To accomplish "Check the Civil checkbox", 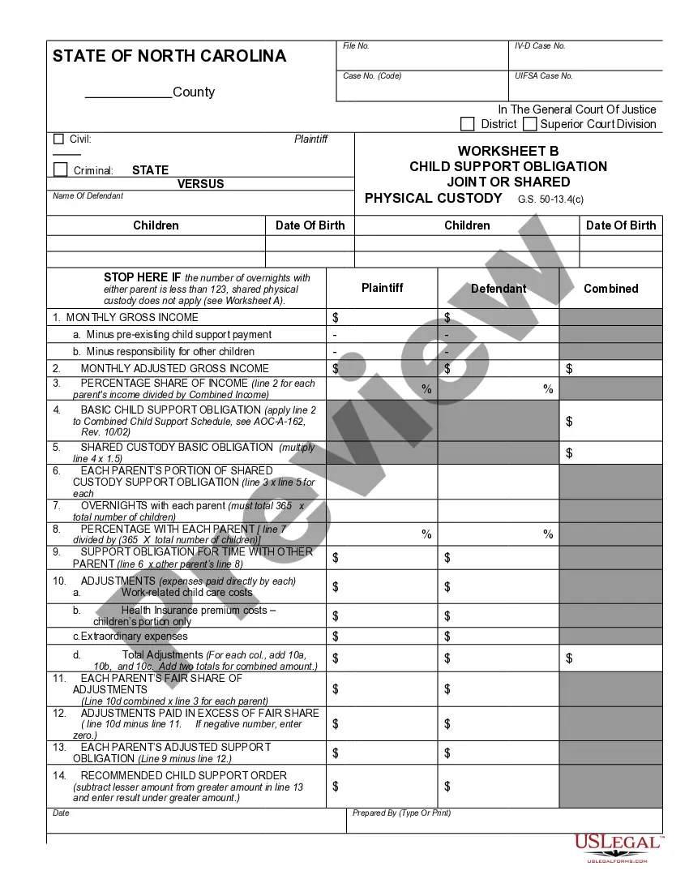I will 58,139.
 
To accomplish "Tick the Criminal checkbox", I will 60,169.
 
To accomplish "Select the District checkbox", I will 468,124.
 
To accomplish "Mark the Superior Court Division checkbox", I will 530,124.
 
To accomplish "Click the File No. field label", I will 356,46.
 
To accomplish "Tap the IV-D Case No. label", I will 540,46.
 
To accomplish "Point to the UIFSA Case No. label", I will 543,76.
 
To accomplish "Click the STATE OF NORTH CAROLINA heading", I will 169,56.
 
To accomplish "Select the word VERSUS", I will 201,184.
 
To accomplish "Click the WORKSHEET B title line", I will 508,151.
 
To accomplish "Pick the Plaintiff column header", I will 382,288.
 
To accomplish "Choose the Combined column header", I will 610,289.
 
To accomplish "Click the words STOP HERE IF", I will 142,277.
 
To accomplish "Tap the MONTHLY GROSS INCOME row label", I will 132,318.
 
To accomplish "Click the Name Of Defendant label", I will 88,196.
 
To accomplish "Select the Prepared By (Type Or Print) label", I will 401,813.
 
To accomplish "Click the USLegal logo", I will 618,847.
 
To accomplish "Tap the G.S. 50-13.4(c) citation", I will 550,199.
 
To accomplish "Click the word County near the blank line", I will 194,92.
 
